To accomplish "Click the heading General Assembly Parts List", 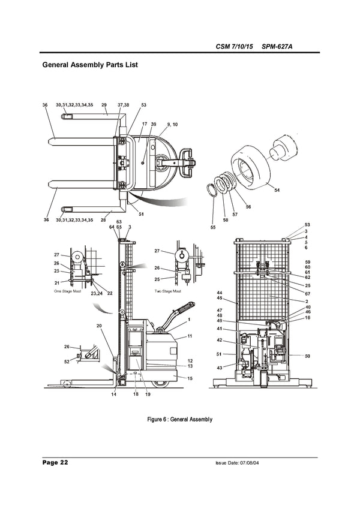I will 90,64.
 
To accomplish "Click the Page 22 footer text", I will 55,463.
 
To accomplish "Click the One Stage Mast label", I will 67,290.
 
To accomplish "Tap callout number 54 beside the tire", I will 277,190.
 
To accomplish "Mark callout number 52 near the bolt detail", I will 66,361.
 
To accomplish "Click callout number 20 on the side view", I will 98,326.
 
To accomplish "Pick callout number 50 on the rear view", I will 307,356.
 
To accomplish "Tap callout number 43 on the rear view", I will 220,368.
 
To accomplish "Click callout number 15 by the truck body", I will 190,378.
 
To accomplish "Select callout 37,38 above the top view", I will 123,105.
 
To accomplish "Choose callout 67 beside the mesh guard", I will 307,294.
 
